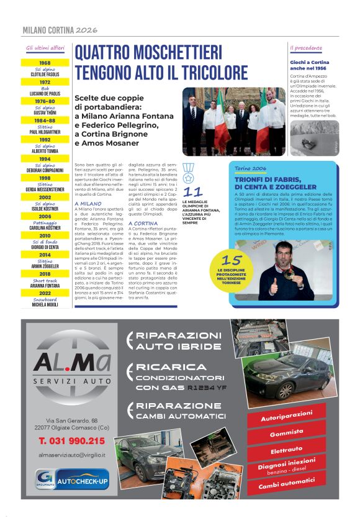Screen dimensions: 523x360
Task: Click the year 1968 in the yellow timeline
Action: pos(45,63)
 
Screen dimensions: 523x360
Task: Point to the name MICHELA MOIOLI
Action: pos(45,304)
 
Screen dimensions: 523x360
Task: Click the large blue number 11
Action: pos(194,192)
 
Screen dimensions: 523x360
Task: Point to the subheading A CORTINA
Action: pos(143,222)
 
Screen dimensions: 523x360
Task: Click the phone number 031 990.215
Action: pos(71,440)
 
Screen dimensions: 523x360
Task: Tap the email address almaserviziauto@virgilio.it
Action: pos(71,455)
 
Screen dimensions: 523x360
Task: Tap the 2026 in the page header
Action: pos(88,29)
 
